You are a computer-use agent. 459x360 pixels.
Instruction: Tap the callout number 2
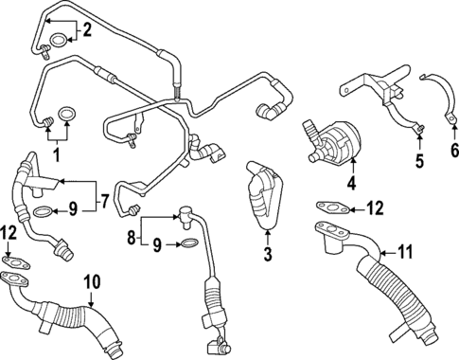pyautogui.click(x=87, y=30)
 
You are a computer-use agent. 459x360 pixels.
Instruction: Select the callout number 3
pyautogui.click(x=268, y=253)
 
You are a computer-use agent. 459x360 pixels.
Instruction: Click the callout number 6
pyautogui.click(x=452, y=149)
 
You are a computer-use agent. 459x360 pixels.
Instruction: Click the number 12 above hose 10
pyautogui.click(x=9, y=234)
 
